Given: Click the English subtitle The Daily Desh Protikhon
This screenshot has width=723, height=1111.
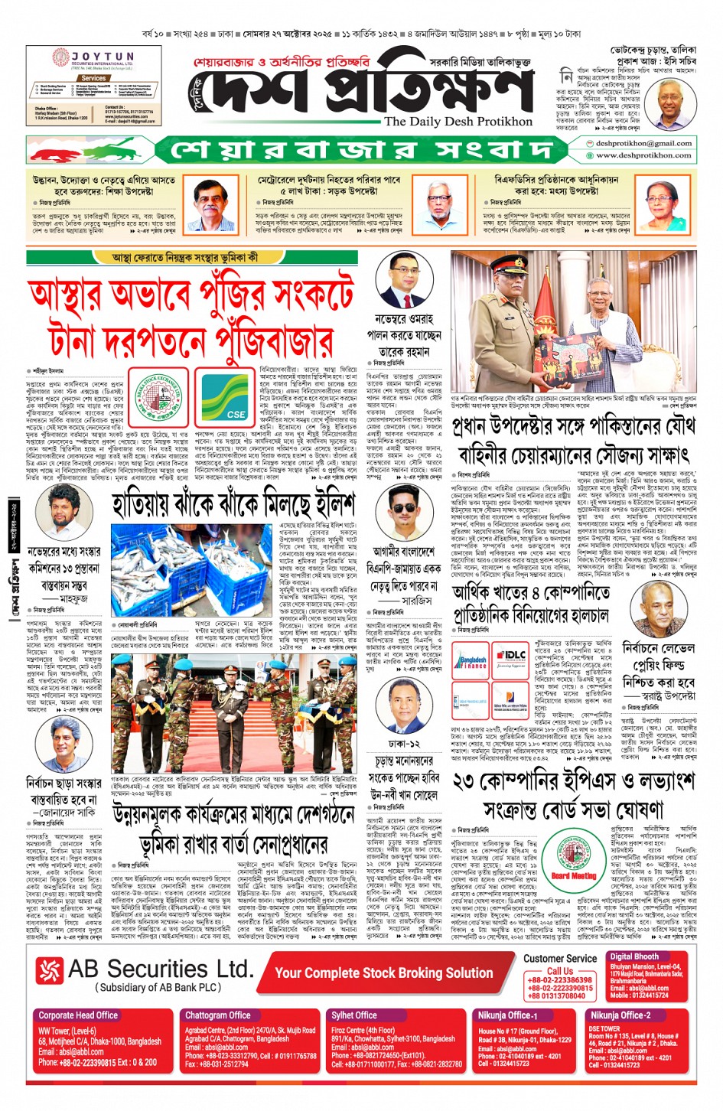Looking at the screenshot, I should (x=458, y=121).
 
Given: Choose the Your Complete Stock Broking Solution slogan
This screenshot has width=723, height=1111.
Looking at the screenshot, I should (x=383, y=973).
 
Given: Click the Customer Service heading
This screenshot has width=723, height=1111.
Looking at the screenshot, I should (x=560, y=958).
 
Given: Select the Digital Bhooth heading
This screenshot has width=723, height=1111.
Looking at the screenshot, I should (x=633, y=956).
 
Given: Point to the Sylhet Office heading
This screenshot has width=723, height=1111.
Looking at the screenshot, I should (x=353, y=1015).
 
